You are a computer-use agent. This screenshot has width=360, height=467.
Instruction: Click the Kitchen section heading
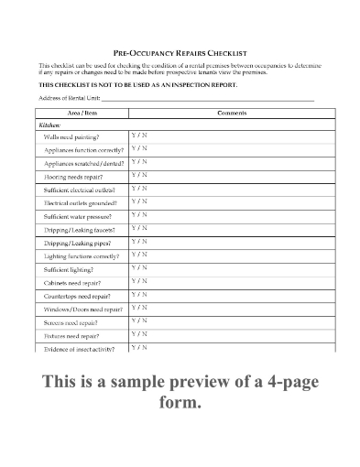[49, 124]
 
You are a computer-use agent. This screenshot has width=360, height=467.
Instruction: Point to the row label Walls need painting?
[71, 136]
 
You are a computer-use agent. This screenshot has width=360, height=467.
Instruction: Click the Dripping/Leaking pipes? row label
[78, 243]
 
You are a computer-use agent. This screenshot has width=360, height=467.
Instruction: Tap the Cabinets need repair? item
[72, 283]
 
